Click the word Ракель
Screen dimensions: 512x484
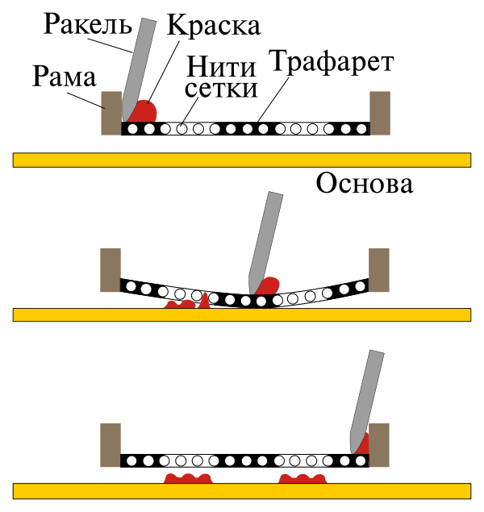[87, 22]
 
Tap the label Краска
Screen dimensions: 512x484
[213, 25]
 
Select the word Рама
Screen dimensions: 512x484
[65, 77]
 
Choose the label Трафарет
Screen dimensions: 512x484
[332, 61]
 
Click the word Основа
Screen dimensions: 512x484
[364, 183]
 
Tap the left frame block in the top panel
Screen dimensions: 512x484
[111, 112]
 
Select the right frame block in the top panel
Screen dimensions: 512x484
[380, 112]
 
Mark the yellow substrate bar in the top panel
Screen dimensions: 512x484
[242, 159]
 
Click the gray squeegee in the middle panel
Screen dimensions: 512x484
[266, 238]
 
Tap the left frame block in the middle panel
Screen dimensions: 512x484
[111, 269]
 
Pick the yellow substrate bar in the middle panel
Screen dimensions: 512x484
[242, 314]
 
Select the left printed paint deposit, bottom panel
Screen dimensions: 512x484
[188, 480]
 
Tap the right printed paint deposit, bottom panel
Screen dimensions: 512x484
[302, 480]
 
